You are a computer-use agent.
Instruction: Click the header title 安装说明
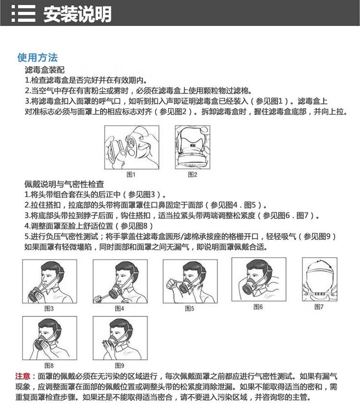pos(77,14)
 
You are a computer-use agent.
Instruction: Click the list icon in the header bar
pos(23,13)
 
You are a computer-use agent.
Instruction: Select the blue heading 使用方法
pos(37,58)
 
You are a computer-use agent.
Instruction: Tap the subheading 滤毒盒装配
pos(45,70)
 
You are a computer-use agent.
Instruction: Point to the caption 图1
pos(131,174)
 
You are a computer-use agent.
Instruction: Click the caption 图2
pos(192,174)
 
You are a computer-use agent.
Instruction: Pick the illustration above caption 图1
pos(132,147)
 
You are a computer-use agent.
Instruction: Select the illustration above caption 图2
pos(192,147)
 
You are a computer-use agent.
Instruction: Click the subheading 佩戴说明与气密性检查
pos(64,184)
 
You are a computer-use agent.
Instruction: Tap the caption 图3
pos(49,309)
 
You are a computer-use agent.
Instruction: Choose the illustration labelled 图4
pos(120,281)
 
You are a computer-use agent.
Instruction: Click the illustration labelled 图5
pos(190,281)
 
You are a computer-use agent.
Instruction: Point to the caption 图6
pos(258,307)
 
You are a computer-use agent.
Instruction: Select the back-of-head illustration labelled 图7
pos(320,279)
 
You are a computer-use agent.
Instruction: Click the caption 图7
pos(319,307)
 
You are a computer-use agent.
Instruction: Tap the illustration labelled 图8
pos(49,338)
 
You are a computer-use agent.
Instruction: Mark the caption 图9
pos(120,365)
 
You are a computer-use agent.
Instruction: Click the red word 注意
pos(23,376)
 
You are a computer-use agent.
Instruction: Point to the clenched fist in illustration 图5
pos(171,283)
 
